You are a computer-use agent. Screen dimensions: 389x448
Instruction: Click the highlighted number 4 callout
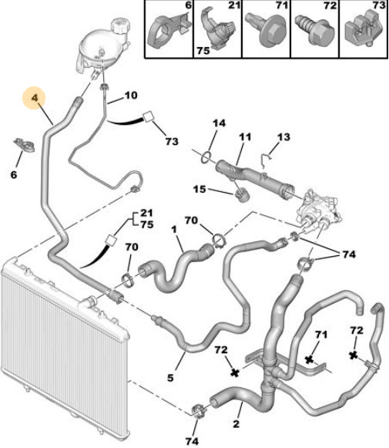click(34, 98)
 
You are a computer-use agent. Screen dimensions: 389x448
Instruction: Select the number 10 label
click(131, 95)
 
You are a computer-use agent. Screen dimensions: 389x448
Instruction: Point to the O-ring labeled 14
click(206, 157)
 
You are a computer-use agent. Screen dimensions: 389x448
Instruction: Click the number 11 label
click(245, 136)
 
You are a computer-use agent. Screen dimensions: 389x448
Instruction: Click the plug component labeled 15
click(241, 196)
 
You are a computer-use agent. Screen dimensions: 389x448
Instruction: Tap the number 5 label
click(170, 378)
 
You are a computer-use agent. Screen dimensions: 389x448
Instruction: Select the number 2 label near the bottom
click(236, 424)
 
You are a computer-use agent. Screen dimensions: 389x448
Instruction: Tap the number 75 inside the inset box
click(203, 51)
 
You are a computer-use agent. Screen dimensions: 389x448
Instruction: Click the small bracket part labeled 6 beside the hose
click(24, 144)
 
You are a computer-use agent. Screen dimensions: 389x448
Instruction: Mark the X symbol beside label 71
click(309, 359)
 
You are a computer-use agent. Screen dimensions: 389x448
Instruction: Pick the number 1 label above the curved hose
click(174, 230)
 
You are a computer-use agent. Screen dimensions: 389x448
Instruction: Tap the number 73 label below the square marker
click(172, 141)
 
